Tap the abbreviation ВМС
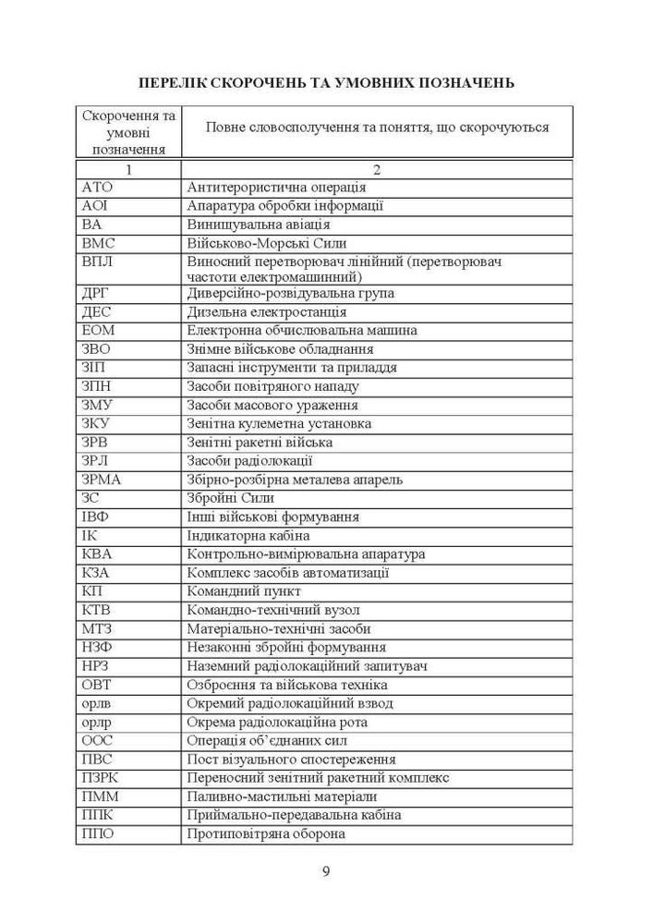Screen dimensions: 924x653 coord(99,243)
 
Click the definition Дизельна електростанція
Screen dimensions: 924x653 coord(267,311)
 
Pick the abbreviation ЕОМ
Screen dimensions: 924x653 coord(98,330)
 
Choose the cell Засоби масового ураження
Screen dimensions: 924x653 coord(272,405)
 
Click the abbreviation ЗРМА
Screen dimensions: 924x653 coord(102,480)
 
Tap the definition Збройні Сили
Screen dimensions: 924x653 coord(230,498)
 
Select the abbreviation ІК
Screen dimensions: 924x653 coord(90,536)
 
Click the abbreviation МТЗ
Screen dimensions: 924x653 coord(97,628)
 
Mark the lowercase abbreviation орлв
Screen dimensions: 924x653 coord(97,703)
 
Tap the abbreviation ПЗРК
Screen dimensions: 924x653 coord(100,778)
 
